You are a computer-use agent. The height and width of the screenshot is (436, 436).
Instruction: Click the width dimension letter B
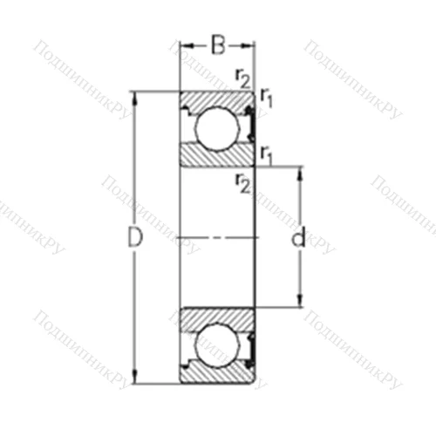point(218,41)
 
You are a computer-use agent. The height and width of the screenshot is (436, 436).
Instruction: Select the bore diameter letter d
point(299,237)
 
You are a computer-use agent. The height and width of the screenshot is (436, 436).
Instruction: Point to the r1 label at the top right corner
point(267,101)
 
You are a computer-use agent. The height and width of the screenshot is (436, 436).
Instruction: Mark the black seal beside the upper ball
point(249,125)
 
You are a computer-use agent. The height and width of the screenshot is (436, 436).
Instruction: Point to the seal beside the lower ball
point(249,346)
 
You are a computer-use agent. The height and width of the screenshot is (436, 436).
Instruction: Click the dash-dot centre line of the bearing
point(218,236)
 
